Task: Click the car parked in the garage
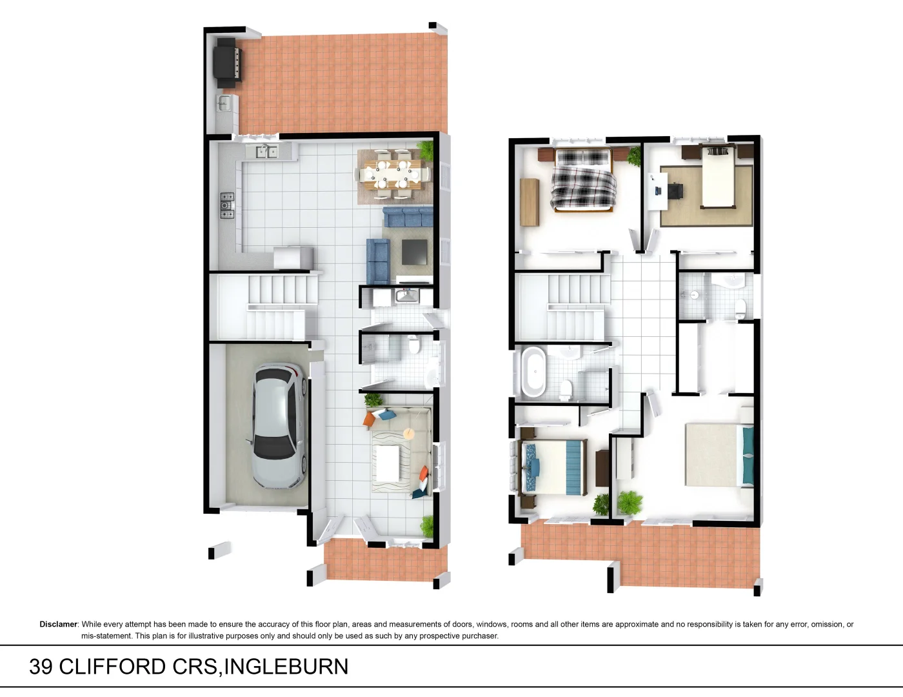(x=278, y=426)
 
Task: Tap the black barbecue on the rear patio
(x=228, y=62)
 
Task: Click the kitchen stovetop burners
(x=227, y=205)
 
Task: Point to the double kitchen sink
(x=266, y=152)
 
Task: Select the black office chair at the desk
(x=675, y=191)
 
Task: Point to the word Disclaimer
(x=58, y=624)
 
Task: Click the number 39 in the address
(x=41, y=667)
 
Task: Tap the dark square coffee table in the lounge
(x=414, y=252)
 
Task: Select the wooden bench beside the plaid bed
(x=529, y=201)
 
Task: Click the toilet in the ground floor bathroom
(x=415, y=346)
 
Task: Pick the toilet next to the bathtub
(x=566, y=389)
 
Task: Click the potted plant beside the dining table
(x=426, y=150)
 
